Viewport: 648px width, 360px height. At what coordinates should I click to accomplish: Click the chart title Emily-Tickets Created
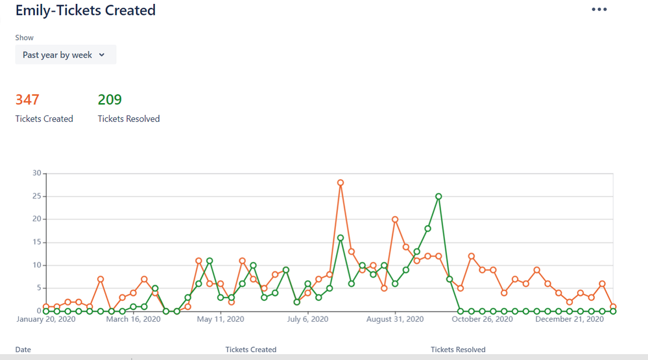85,10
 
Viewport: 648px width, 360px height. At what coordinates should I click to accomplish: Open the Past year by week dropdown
66,55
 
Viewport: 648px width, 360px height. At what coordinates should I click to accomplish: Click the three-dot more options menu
599,10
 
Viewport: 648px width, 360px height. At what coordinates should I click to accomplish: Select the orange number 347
27,99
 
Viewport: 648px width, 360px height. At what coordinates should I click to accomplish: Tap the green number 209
110,99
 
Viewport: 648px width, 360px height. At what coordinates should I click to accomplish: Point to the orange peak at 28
340,183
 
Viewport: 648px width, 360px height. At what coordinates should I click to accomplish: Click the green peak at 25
438,196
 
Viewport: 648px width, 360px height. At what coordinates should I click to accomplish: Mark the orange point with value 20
394,219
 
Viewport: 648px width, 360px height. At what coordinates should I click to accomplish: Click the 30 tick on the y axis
36,173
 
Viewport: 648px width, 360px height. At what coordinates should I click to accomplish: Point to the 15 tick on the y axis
36,242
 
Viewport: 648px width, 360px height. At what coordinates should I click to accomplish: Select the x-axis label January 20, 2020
43,319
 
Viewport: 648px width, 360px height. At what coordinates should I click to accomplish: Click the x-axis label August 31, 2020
394,319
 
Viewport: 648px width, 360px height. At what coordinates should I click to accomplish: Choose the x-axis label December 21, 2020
570,319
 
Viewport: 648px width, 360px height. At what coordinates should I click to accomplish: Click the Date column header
23,350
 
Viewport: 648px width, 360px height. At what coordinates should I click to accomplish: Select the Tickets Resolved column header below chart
458,350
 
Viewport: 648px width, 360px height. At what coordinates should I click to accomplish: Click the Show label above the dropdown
25,38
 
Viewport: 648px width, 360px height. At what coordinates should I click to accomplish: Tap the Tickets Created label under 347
44,119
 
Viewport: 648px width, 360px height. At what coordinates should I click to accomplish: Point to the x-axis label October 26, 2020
482,319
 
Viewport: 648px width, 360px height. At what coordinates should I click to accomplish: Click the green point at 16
340,238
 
